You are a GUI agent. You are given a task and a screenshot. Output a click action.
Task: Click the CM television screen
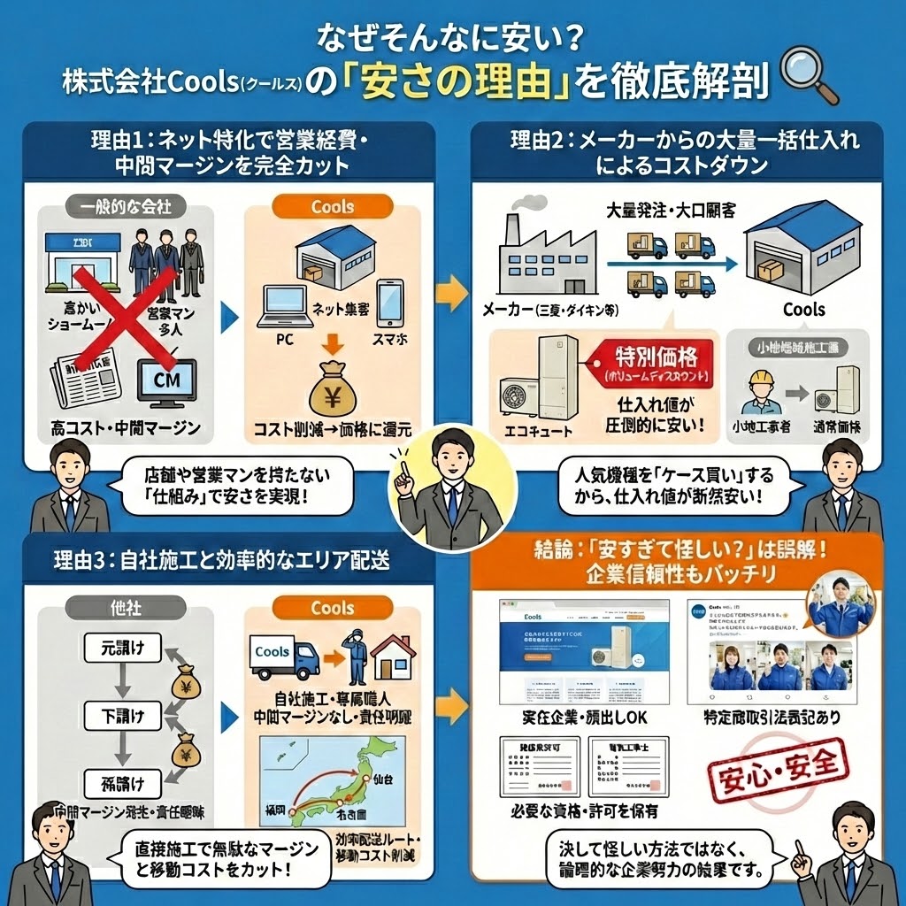(165, 382)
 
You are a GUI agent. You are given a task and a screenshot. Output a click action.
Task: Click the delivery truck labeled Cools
(283, 656)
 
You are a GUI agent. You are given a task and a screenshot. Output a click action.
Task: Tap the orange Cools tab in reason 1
(333, 207)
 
